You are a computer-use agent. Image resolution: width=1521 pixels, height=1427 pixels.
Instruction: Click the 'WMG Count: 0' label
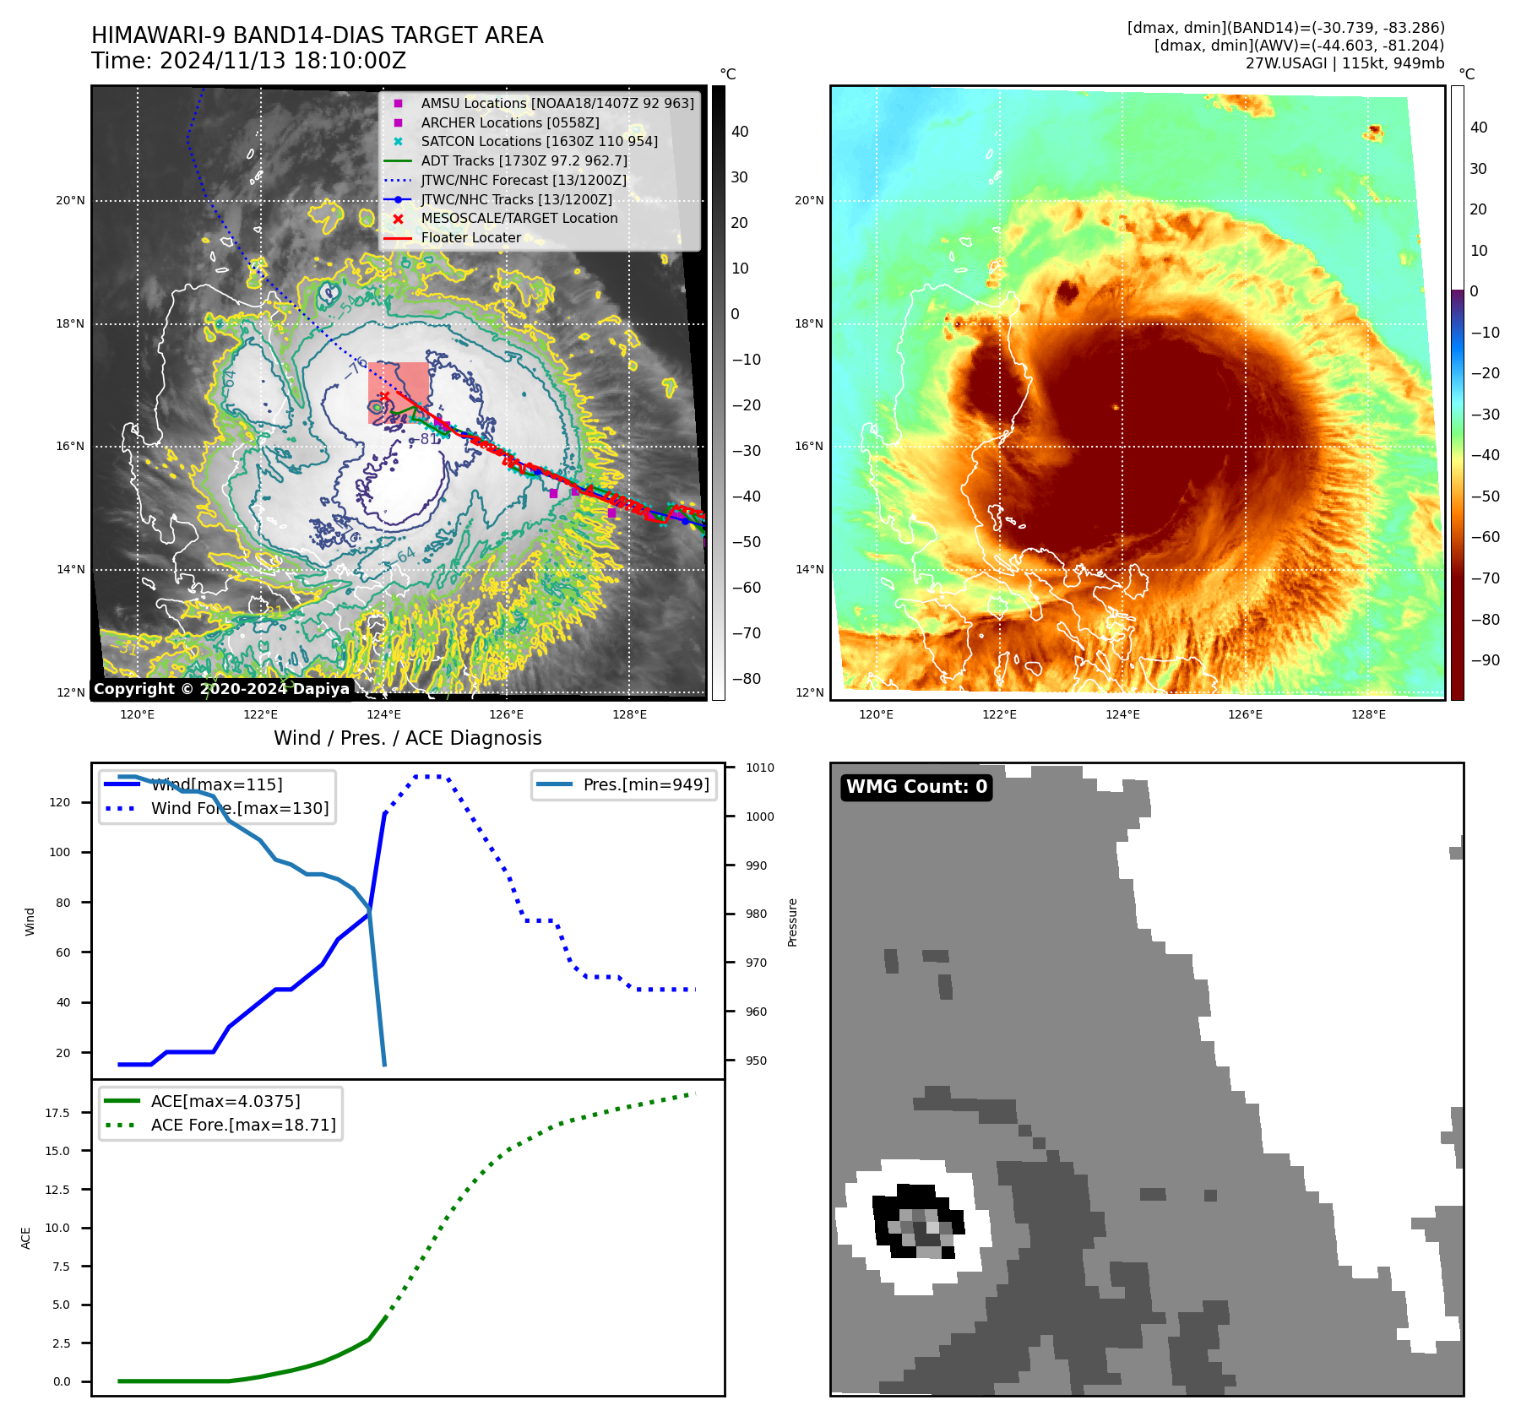[916, 787]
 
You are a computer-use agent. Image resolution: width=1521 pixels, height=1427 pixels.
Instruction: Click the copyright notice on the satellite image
[221, 689]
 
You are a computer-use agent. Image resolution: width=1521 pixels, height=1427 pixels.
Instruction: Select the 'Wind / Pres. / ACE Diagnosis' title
[408, 738]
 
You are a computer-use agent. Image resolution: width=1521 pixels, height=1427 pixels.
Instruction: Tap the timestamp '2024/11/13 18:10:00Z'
[283, 62]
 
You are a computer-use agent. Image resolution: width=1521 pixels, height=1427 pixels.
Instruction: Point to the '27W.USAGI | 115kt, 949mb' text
[1344, 63]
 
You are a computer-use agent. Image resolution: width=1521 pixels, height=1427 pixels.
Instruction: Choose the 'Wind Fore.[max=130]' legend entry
[240, 808]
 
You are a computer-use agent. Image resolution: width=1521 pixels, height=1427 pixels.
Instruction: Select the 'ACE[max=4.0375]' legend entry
[225, 1101]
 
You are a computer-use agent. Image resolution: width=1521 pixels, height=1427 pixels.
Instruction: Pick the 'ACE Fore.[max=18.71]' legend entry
[243, 1125]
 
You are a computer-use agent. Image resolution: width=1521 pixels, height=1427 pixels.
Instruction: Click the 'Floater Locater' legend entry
[470, 238]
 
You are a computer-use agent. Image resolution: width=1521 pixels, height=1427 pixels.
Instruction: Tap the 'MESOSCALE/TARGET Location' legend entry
[519, 219]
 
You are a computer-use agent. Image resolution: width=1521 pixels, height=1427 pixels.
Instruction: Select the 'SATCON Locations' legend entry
[539, 142]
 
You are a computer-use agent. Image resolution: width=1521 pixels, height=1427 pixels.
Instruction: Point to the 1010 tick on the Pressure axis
[760, 768]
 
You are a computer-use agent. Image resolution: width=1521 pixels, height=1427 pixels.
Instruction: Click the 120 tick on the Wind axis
[60, 802]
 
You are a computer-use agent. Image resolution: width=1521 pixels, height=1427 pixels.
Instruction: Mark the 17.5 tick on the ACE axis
[57, 1113]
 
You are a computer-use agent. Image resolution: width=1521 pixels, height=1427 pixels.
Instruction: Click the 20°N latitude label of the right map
[809, 201]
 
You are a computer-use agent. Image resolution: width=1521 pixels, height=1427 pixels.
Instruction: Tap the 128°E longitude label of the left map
[629, 715]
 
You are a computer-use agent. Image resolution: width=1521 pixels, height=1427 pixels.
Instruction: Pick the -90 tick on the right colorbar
[1485, 660]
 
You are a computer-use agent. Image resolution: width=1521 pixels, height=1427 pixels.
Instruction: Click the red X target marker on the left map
[384, 396]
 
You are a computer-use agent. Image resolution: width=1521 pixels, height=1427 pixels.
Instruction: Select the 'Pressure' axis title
[792, 922]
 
